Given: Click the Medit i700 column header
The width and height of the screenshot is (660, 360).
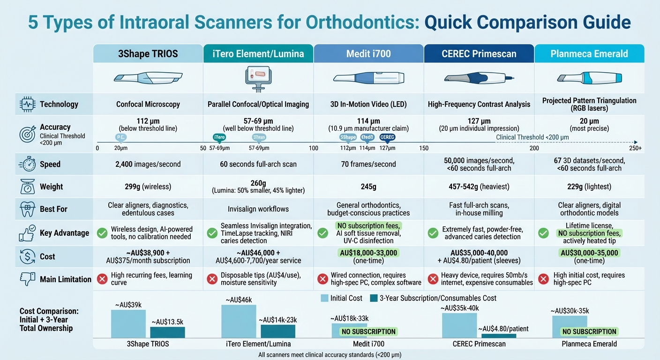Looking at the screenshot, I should [368, 53].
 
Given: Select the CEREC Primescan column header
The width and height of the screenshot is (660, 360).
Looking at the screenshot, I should [479, 53].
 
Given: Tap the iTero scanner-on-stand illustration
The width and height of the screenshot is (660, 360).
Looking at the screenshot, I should [258, 77].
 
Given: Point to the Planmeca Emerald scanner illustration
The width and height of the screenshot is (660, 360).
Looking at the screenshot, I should [589, 77].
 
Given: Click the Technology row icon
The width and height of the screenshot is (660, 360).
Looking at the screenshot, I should [26, 104].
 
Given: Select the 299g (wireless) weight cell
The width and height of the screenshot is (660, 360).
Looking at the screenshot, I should [148, 187].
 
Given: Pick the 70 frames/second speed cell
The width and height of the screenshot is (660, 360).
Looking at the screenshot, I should [368, 164].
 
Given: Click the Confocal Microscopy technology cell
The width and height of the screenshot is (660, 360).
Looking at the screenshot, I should [148, 104].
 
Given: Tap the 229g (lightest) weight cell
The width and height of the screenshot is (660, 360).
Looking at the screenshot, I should [589, 187].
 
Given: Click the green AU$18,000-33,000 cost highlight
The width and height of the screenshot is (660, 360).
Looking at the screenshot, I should [368, 253].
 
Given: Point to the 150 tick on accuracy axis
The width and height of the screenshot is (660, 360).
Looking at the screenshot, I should [424, 148].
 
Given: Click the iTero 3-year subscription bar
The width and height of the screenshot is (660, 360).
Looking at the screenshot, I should [278, 331].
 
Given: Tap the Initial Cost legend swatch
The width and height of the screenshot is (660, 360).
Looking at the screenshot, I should [324, 298].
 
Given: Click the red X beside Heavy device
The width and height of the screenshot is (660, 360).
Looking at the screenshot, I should [433, 279].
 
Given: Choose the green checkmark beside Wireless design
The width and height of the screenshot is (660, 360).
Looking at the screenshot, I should [101, 233].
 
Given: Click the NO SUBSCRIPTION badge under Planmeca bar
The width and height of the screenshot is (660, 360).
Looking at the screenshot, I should [589, 331].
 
